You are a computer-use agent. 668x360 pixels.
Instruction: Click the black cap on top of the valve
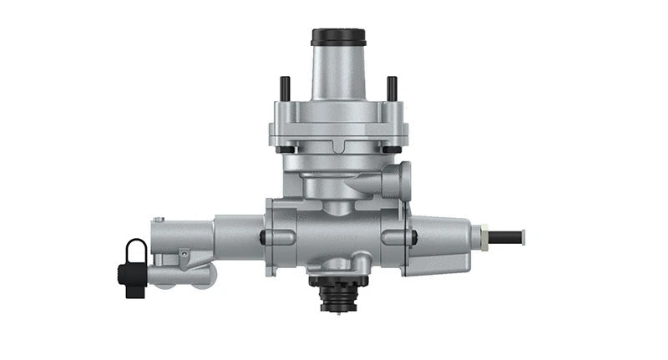click(x=338, y=38)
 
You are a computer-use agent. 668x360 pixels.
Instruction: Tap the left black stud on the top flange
click(x=285, y=87)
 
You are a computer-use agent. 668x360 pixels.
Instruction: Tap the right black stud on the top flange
click(x=392, y=87)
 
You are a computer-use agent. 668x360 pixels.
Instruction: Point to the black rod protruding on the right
click(x=504, y=236)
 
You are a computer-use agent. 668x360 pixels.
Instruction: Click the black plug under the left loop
click(x=129, y=277)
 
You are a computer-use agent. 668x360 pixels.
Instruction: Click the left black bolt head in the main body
click(x=264, y=237)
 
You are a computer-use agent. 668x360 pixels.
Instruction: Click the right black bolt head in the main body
click(x=412, y=237)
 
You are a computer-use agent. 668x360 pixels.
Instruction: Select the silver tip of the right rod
click(x=522, y=236)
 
